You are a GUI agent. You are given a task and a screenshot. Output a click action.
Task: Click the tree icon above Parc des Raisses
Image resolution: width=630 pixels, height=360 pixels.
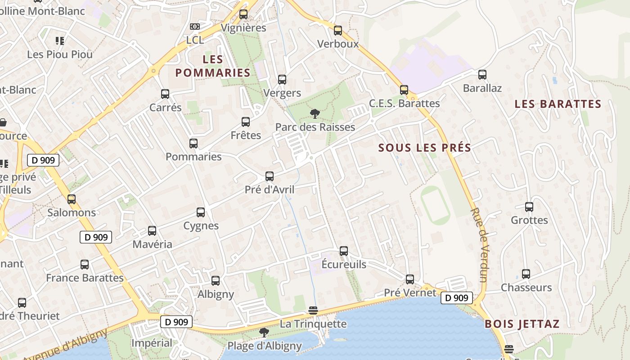coord(315,114)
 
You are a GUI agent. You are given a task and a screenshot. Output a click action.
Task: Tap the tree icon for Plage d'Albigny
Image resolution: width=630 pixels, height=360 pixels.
coord(264,333)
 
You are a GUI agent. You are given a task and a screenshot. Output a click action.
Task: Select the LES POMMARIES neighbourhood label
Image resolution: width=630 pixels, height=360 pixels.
coord(212,66)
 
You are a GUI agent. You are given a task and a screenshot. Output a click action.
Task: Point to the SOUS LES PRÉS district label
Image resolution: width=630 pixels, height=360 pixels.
coord(424,148)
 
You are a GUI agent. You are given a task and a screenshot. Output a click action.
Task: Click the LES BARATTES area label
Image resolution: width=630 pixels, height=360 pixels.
coord(558,104)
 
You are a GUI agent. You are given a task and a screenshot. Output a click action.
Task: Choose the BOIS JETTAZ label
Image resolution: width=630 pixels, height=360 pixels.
coord(522,324)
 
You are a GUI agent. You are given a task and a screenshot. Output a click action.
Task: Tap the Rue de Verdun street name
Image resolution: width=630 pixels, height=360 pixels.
coord(479,245)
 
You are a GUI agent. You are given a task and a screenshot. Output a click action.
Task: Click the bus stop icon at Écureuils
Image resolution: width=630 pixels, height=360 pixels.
coord(344,251)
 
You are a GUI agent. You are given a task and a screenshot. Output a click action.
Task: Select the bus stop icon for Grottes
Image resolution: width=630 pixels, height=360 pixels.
coord(529,207)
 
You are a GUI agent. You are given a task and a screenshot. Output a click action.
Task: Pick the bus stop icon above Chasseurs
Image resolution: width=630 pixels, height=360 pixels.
coord(526,274)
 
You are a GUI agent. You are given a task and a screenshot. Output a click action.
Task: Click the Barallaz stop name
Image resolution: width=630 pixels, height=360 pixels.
coord(482,88)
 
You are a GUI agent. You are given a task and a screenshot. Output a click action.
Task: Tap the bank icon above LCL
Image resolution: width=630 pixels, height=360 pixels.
coord(194,27)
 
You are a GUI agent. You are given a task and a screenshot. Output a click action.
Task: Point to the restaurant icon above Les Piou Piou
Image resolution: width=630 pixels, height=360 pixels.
coord(59,41)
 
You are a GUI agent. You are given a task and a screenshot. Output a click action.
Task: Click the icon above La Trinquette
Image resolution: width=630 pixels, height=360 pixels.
coord(313,310)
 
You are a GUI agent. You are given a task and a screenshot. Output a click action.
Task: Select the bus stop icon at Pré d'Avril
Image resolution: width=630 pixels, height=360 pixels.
coord(270,176)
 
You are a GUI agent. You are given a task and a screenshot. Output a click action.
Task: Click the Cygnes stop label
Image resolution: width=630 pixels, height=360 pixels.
coord(201,225)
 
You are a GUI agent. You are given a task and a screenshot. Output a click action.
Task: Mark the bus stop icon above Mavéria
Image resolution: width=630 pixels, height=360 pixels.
coord(152,231)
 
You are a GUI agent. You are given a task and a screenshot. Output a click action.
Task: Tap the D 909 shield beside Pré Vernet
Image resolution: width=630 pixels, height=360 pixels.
coord(457,297)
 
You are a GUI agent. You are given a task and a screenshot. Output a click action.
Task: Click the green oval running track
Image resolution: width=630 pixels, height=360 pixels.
coord(435,206)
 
